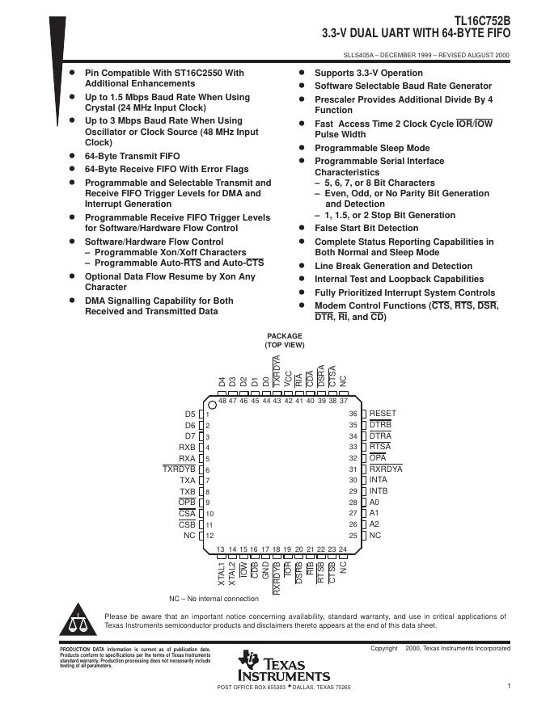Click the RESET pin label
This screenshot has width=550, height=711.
(x=383, y=414)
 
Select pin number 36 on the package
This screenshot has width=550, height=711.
(x=353, y=414)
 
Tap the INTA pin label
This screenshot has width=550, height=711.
(x=379, y=480)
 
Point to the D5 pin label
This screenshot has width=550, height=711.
(x=190, y=414)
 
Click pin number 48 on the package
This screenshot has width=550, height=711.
(x=221, y=400)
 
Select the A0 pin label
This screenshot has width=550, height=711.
(x=374, y=502)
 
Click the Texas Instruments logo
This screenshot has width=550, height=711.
(x=283, y=665)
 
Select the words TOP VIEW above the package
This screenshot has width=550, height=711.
(x=284, y=345)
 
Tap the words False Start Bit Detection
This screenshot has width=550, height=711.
(x=366, y=229)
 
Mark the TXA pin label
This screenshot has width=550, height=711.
(x=188, y=480)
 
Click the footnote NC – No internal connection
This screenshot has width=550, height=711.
(x=214, y=599)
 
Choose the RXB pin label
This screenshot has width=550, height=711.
(x=188, y=447)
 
